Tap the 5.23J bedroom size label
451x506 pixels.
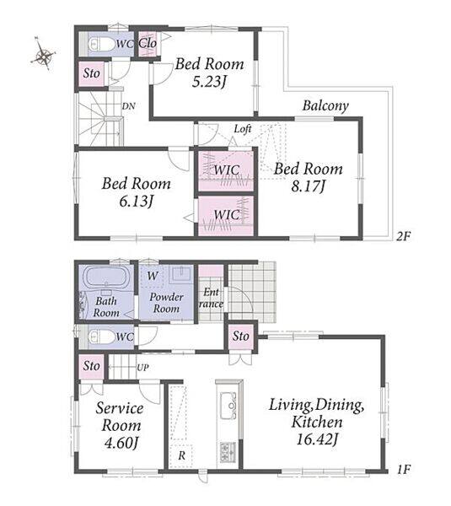point(208,82)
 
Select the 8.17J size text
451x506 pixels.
point(308,186)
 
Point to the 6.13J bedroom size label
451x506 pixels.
point(136,202)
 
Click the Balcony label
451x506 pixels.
point(325,106)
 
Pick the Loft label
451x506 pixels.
point(243,129)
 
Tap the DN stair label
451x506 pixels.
point(128,106)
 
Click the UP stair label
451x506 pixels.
point(143,367)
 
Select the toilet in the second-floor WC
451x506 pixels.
point(102,44)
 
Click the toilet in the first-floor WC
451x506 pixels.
point(102,336)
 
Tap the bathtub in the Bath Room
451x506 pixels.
point(106,277)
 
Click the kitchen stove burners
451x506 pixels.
point(228,452)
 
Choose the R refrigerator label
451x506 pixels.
point(181,455)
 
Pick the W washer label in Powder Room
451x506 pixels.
point(153,276)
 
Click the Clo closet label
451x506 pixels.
point(148,43)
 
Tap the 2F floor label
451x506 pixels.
point(403,236)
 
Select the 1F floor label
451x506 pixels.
point(404,469)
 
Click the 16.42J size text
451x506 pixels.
point(316,439)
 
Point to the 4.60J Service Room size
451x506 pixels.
point(121,443)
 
